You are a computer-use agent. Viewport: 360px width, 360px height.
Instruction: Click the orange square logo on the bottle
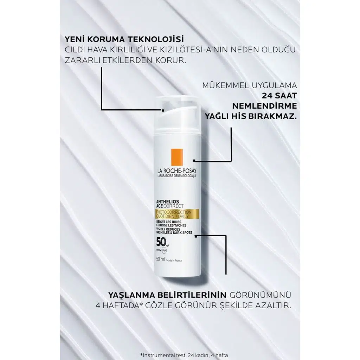(177, 157)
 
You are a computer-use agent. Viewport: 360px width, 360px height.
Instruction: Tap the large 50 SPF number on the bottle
(161, 242)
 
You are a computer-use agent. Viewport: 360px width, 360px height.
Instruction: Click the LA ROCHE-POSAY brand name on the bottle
(177, 171)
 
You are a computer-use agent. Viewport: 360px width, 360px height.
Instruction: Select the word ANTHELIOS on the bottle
(168, 202)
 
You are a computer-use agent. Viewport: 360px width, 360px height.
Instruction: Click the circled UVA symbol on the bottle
(164, 250)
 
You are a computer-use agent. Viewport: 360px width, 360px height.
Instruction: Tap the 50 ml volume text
(161, 259)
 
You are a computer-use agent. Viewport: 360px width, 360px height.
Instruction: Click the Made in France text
(174, 261)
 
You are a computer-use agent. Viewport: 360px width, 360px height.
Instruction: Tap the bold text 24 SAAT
(279, 96)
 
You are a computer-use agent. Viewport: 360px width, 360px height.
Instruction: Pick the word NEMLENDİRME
(264, 106)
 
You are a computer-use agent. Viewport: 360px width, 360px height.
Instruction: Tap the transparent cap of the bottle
(178, 115)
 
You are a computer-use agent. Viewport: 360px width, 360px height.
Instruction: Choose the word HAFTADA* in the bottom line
(122, 306)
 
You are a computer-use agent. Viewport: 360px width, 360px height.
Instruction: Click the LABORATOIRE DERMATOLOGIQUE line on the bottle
(177, 176)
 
